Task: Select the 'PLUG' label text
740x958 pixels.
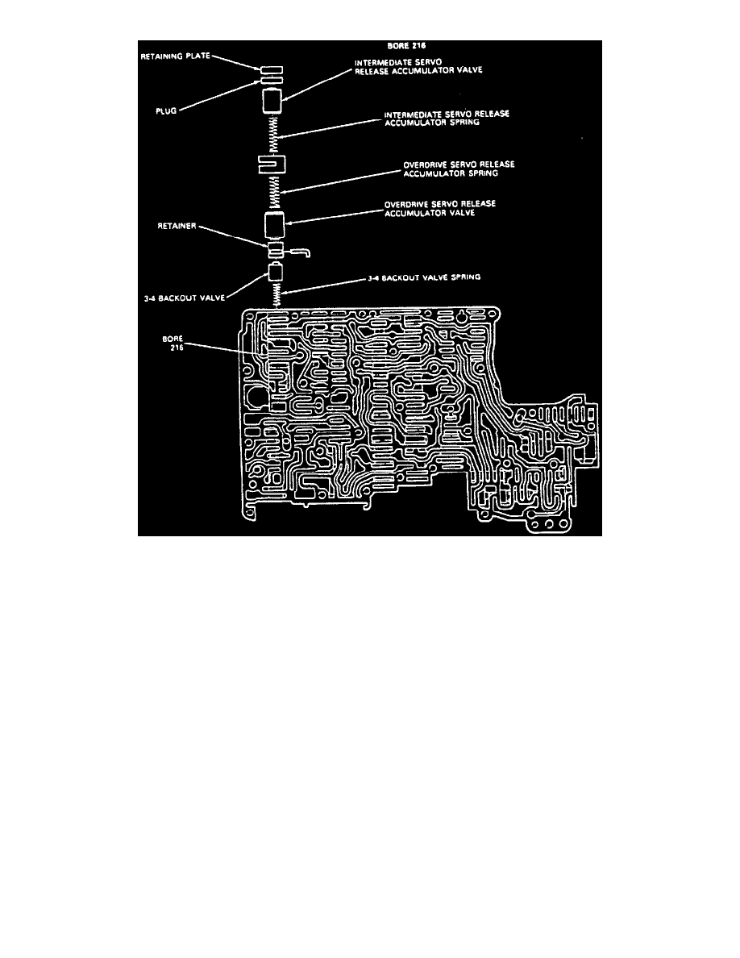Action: click(x=167, y=113)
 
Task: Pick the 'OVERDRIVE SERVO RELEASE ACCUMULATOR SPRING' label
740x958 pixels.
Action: click(x=459, y=169)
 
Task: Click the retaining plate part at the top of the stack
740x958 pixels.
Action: click(x=272, y=70)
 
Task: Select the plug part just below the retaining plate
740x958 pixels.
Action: click(x=272, y=81)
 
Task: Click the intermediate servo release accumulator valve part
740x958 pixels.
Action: click(x=272, y=102)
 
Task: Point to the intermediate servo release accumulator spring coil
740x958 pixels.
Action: click(x=273, y=133)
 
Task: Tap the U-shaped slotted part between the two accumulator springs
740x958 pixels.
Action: click(x=272, y=165)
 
